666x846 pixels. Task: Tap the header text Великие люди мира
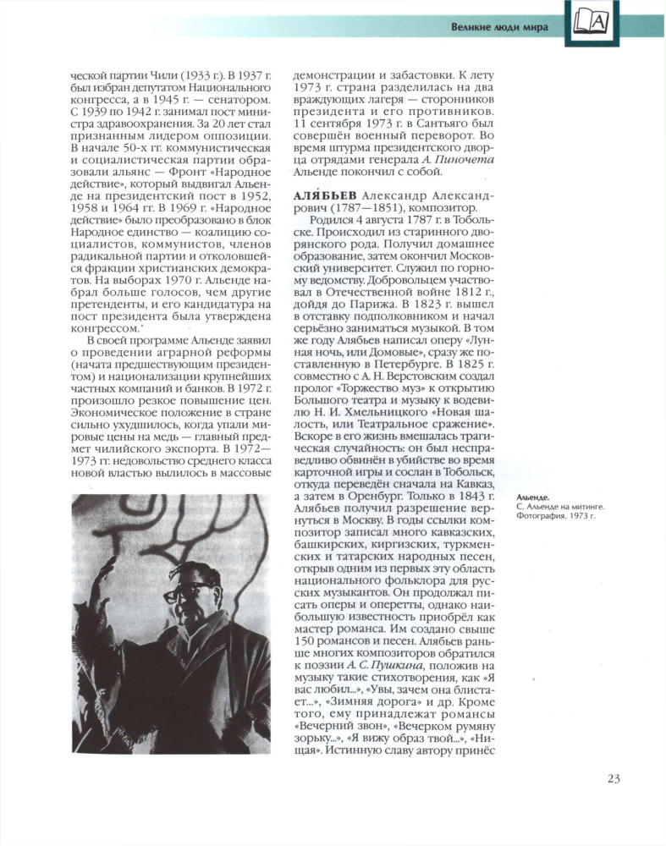pyautogui.click(x=498, y=26)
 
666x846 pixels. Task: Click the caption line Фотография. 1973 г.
pyautogui.click(x=549, y=514)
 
